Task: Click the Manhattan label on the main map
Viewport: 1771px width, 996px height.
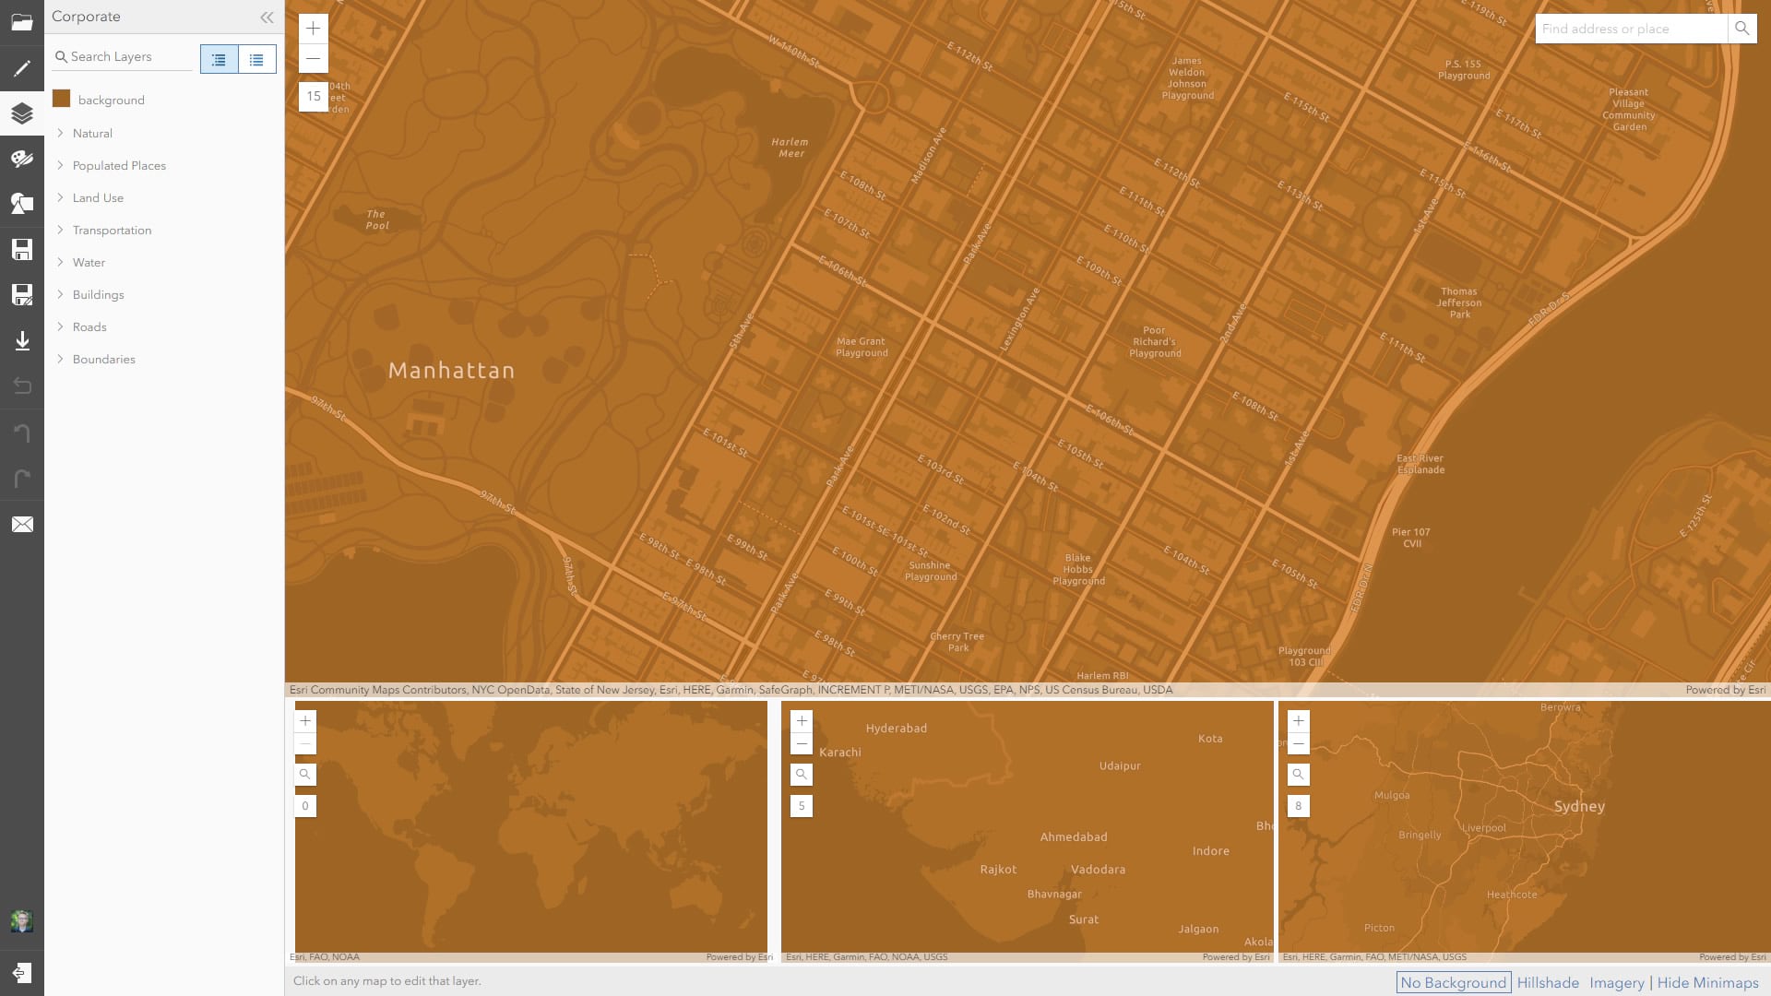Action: (x=451, y=371)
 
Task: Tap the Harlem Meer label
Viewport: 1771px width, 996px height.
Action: (x=790, y=148)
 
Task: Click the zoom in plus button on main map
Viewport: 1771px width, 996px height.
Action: (x=314, y=29)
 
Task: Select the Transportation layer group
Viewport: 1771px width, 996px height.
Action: (x=112, y=231)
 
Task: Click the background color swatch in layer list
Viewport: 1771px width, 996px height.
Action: (x=62, y=100)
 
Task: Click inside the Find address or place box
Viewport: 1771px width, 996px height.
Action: (x=1630, y=29)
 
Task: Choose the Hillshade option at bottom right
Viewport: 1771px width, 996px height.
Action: (x=1548, y=983)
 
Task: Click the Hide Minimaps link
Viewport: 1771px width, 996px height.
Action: (x=1707, y=983)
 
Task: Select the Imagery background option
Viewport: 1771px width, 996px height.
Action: (x=1616, y=983)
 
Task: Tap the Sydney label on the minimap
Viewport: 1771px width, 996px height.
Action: (x=1579, y=807)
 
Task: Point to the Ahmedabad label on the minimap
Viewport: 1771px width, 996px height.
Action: (x=1074, y=837)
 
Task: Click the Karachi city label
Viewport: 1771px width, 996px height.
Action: (x=840, y=753)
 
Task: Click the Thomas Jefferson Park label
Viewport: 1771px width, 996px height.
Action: (x=1459, y=302)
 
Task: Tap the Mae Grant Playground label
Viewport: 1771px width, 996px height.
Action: (x=862, y=347)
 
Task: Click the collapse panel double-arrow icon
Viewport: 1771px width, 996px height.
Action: (x=267, y=17)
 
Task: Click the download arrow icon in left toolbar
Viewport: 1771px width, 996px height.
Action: (x=22, y=341)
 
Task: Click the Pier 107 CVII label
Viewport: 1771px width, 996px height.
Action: (x=1411, y=538)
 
